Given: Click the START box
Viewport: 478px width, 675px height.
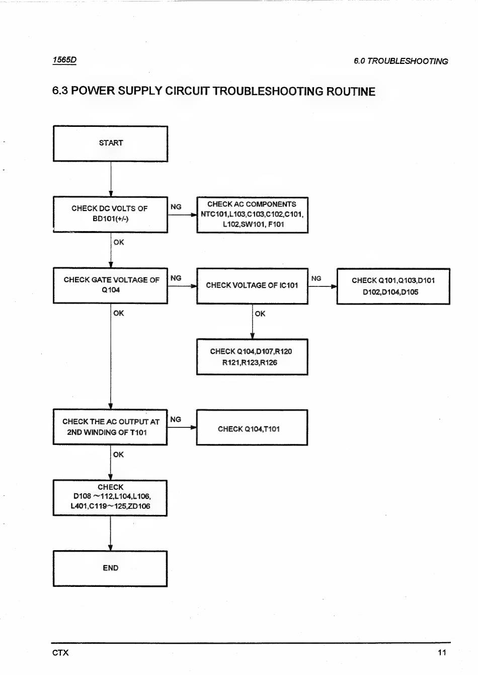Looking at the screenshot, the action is tap(111, 144).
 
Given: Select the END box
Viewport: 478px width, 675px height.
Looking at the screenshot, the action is tap(110, 568).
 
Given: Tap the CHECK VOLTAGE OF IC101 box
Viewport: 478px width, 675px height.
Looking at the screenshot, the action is tap(253, 286).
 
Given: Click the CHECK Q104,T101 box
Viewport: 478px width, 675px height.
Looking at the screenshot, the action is tap(252, 427).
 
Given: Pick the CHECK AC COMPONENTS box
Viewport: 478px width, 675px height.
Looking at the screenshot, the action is tap(253, 215).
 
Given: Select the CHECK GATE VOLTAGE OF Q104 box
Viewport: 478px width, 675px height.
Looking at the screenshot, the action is tap(111, 285).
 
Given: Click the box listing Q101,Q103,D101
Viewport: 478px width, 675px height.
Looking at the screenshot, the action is tap(393, 286).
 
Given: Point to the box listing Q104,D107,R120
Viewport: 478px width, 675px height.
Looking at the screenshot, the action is tap(252, 357).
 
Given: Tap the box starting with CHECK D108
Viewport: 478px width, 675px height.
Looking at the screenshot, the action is tap(110, 498).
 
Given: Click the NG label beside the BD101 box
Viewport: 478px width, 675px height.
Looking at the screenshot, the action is tap(176, 207).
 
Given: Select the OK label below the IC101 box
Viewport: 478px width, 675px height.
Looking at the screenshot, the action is tap(260, 314).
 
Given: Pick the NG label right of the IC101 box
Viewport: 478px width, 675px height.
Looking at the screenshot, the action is tap(316, 278).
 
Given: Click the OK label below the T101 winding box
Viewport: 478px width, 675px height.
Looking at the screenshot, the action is tap(118, 455).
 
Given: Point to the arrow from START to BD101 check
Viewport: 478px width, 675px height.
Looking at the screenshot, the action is tap(111, 179).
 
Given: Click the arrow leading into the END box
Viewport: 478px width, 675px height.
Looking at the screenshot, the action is tap(110, 534).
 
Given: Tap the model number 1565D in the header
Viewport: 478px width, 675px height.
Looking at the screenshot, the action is tap(64, 60).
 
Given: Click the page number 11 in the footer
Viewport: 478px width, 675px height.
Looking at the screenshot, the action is tap(442, 652).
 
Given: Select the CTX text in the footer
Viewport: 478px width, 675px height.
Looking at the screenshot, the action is tap(60, 653).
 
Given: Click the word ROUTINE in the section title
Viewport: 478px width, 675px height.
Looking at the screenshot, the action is tap(351, 91).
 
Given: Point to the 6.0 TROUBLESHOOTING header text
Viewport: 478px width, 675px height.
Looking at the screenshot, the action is tap(401, 61).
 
